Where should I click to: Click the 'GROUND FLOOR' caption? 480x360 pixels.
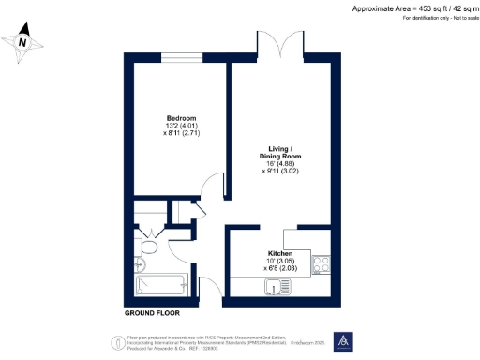(x=153, y=311)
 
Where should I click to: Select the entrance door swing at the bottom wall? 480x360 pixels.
(x=210, y=292)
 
